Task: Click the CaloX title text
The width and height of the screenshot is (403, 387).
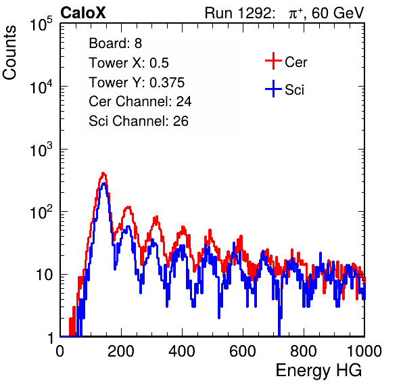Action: [x=83, y=12]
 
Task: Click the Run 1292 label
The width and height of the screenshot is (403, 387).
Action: [x=238, y=13]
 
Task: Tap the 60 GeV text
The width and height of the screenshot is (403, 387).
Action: [x=338, y=13]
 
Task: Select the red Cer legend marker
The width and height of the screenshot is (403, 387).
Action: [x=273, y=61]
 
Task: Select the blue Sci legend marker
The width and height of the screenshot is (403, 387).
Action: [x=273, y=89]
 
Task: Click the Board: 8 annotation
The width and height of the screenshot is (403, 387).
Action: [x=116, y=43]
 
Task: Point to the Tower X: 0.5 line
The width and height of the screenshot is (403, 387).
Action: [x=128, y=62]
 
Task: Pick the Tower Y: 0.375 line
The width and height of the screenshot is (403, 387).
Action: [x=137, y=82]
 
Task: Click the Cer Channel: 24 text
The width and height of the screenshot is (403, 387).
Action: [x=140, y=101]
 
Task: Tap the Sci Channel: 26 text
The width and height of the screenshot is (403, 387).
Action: [x=139, y=121]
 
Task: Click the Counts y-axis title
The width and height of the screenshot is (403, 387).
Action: [x=9, y=53]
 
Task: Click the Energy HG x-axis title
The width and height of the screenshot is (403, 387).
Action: [x=318, y=370]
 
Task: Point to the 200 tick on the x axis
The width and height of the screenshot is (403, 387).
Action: [x=121, y=351]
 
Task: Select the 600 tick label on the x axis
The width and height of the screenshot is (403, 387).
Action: [x=243, y=351]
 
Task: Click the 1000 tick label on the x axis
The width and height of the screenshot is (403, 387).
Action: [x=364, y=351]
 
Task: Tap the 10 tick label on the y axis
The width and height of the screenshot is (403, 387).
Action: [x=44, y=275]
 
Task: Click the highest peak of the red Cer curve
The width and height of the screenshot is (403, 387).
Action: [x=103, y=173]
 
